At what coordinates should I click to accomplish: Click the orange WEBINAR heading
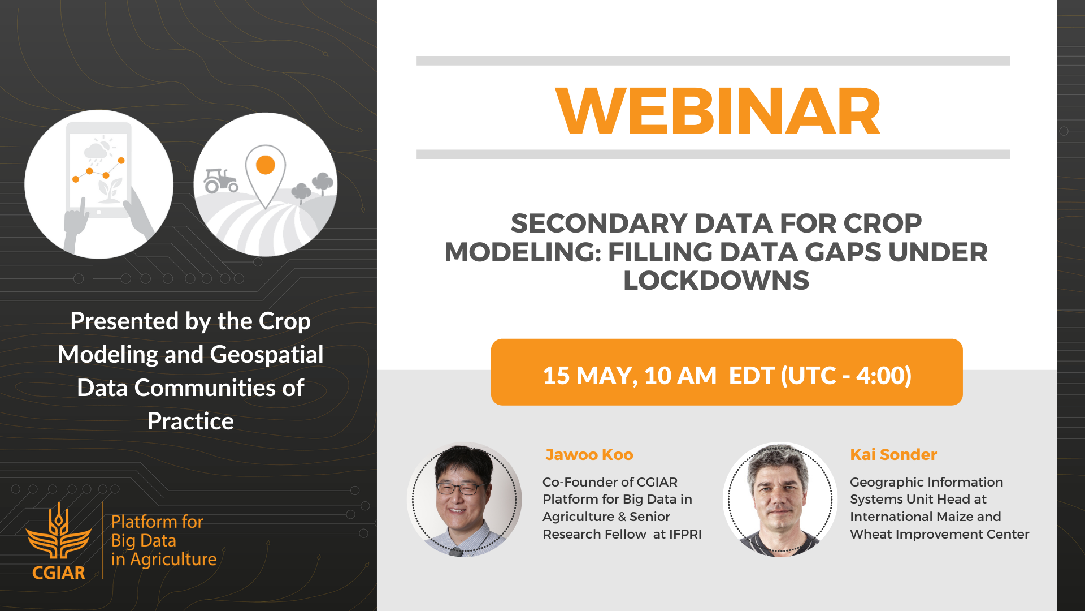pos(718,111)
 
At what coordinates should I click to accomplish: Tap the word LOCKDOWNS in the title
pos(716,281)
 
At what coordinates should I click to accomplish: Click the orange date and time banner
pos(727,372)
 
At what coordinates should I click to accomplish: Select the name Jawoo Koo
pos(589,454)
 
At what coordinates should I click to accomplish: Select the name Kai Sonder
pos(893,454)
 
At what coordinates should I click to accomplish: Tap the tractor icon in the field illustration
pos(220,180)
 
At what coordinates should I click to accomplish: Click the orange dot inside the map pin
pos(266,165)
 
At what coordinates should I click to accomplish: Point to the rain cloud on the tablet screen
pos(96,152)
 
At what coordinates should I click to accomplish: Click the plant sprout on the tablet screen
pos(110,190)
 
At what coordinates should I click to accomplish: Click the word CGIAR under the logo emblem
pos(59,573)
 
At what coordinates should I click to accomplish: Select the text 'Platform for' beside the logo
pos(157,522)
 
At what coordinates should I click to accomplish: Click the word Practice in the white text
pos(190,421)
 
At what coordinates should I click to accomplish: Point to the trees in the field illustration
pos(313,187)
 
